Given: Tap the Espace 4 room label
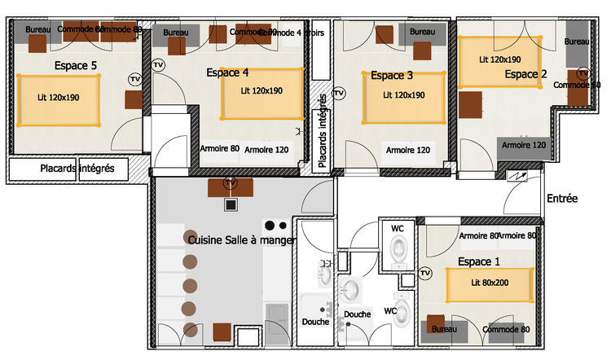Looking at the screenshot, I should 227,72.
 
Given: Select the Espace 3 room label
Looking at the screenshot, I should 392,76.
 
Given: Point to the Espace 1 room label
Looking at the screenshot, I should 480,262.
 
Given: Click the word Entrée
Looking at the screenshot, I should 563,198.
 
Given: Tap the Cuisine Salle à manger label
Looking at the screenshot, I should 242,240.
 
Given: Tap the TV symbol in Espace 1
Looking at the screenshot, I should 424,274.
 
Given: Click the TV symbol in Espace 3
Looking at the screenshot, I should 339,94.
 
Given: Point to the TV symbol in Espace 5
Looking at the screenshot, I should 134,79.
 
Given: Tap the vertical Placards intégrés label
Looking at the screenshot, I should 323,130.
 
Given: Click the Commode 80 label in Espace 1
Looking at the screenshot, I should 506,329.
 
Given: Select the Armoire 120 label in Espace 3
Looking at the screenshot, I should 408,150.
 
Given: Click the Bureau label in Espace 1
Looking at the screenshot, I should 444,329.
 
